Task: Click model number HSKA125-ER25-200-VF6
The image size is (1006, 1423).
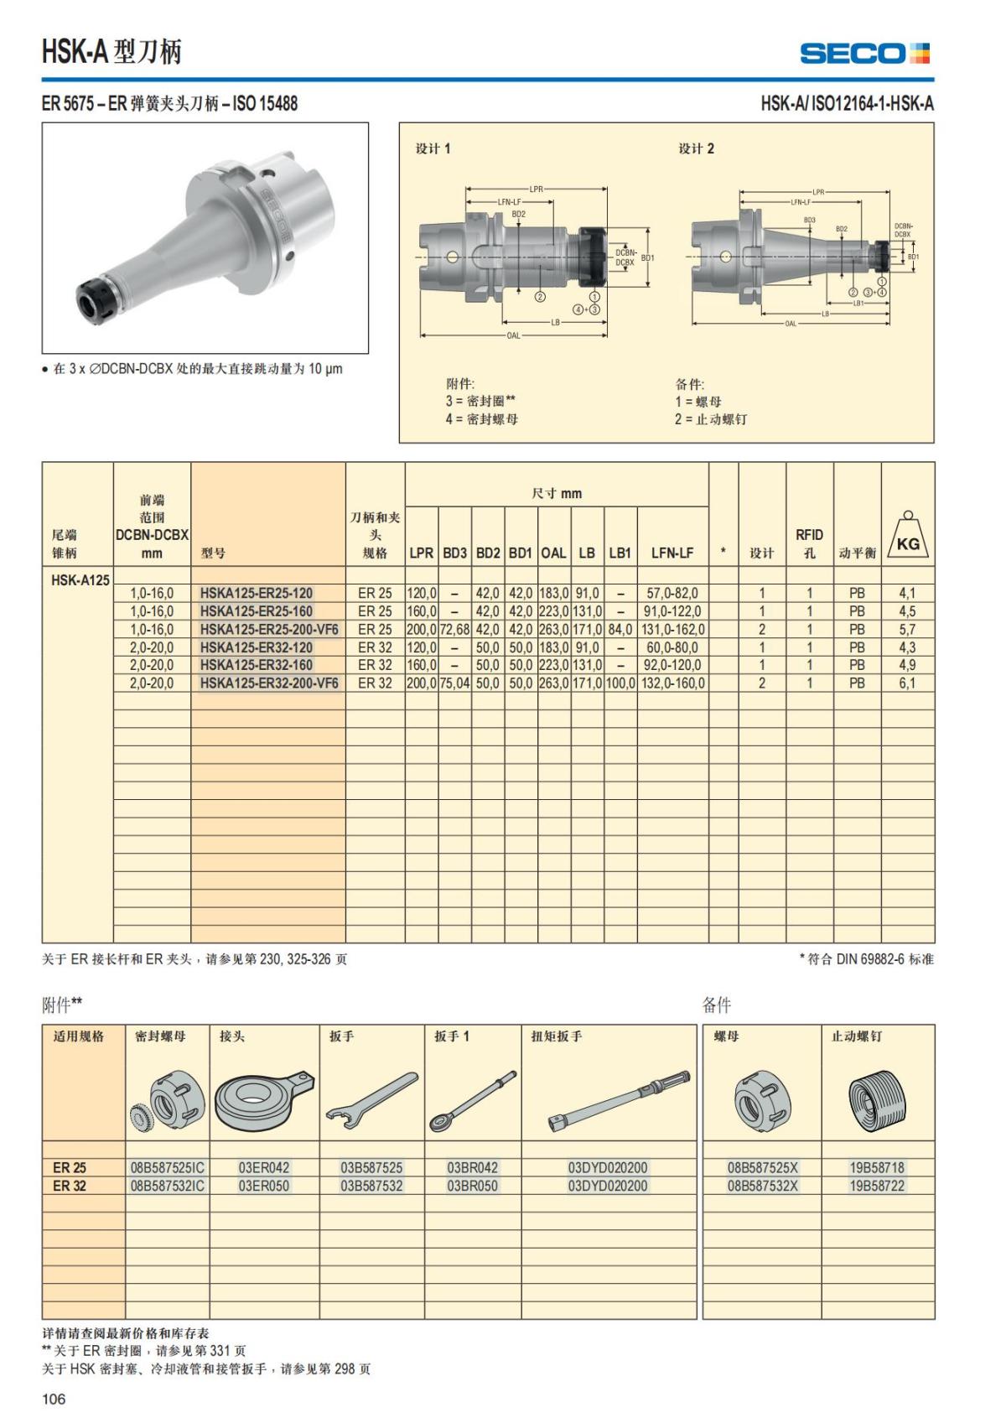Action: (x=269, y=629)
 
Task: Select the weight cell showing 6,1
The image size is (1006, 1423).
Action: (x=907, y=683)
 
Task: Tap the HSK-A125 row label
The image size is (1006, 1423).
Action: (x=80, y=579)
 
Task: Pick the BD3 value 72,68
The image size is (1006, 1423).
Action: (x=454, y=629)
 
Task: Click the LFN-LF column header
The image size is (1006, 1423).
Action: (x=672, y=553)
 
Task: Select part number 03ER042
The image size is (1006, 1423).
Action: (x=264, y=1167)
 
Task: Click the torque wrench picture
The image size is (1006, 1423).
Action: (x=620, y=1099)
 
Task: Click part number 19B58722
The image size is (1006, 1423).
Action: (x=877, y=1186)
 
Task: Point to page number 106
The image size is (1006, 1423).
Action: (x=54, y=1399)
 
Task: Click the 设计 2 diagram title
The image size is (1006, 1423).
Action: (x=696, y=148)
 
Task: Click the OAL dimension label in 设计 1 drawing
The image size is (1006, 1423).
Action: (x=513, y=335)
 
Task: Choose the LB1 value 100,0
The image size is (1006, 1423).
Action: (x=620, y=683)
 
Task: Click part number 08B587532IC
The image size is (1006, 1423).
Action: (x=168, y=1186)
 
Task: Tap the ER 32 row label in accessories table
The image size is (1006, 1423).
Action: (x=70, y=1186)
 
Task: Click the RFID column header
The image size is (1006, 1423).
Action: (x=809, y=543)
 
